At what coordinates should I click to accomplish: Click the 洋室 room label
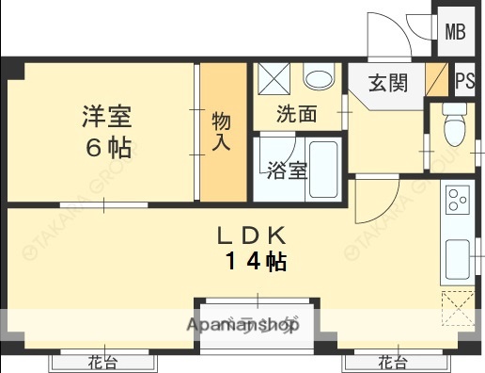coord(104,119)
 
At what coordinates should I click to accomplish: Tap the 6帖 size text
coord(104,148)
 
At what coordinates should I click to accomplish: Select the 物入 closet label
coord(221,132)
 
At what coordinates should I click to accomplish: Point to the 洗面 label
coord(296,114)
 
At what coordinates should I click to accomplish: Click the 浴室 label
coord(287,170)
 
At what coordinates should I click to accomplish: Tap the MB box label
coord(455,32)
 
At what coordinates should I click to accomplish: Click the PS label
coord(464,81)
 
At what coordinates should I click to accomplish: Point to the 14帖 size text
coord(255,262)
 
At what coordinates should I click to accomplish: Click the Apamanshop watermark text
coord(242,326)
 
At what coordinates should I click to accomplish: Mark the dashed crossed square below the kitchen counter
coord(459,304)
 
